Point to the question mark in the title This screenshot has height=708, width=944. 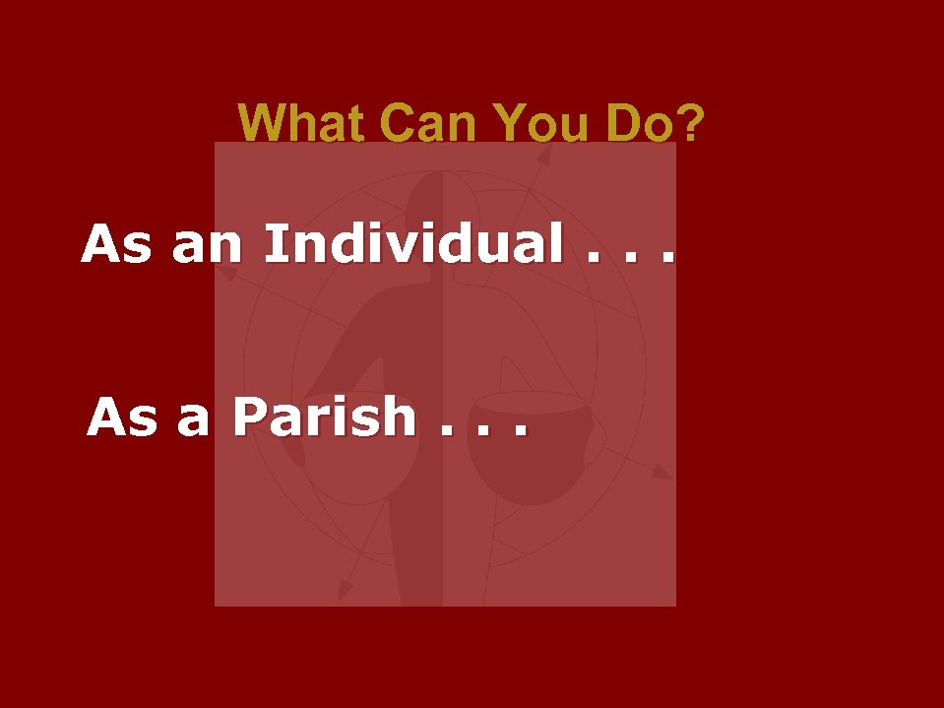click(x=692, y=124)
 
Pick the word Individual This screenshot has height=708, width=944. click(x=412, y=243)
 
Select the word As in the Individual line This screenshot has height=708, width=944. click(x=116, y=244)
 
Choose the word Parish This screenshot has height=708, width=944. click(x=324, y=417)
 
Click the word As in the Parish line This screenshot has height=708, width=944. click(x=121, y=418)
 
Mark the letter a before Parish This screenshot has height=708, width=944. click(x=193, y=420)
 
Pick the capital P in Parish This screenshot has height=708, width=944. click(x=251, y=417)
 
